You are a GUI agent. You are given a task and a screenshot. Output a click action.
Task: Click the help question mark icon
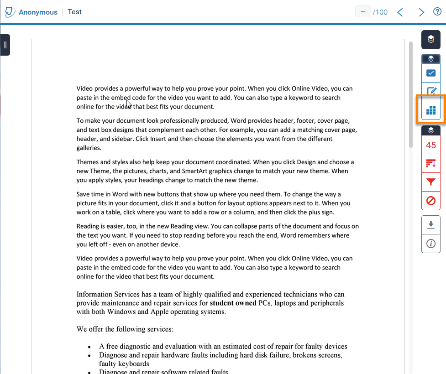437,12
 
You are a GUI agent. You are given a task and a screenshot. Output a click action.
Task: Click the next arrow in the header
421,12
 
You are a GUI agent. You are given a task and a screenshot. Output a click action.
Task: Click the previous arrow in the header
400,12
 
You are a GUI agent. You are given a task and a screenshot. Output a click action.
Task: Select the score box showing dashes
363,12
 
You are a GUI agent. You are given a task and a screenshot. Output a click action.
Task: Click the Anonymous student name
38,12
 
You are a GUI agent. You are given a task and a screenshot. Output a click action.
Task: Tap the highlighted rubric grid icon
430,110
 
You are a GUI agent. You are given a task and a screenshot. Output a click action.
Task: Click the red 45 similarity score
430,145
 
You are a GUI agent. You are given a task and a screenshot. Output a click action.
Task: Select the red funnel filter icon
430,182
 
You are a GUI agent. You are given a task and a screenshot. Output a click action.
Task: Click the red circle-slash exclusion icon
430,201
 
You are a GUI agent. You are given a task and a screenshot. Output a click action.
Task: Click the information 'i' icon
430,244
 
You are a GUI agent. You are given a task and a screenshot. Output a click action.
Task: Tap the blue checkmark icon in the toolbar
430,73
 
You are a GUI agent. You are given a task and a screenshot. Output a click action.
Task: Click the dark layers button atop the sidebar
430,40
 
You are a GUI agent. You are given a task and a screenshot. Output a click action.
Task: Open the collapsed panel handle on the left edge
5,45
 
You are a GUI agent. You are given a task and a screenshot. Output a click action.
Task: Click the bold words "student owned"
233,303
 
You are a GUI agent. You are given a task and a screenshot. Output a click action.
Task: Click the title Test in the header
74,12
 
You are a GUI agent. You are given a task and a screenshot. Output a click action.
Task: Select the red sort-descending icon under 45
430,163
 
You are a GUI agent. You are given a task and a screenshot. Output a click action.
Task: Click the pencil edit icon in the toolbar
430,91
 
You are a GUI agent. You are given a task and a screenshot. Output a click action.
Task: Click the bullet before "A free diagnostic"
89,347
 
